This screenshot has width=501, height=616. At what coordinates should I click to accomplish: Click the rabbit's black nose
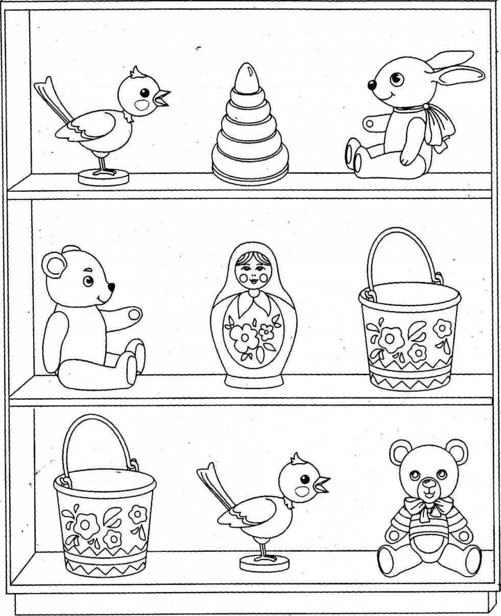click(370, 85)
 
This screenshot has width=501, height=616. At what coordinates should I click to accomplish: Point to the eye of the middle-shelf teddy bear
click(88, 281)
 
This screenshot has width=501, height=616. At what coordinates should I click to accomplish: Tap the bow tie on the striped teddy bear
click(425, 507)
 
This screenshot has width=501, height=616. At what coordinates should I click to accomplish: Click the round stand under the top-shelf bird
click(104, 177)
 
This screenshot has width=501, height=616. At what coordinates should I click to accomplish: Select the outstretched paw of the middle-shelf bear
click(129, 314)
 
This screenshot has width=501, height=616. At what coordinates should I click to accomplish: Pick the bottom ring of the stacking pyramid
click(250, 168)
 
